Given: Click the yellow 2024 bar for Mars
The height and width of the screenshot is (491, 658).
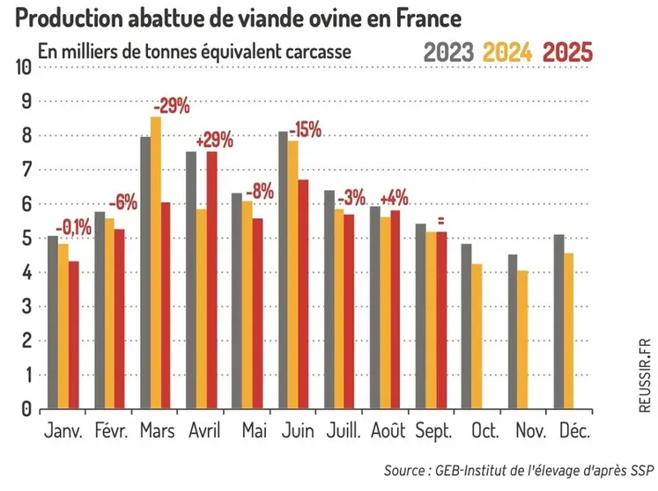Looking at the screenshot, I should pyautogui.click(x=156, y=264).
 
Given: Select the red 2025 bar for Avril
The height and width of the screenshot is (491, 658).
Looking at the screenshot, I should pyautogui.click(x=212, y=281).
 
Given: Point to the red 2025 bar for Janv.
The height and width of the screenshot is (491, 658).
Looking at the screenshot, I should pyautogui.click(x=75, y=335).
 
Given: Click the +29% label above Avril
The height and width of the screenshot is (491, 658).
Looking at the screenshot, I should pyautogui.click(x=214, y=140).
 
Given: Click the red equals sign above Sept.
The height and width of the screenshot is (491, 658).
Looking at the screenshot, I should pyautogui.click(x=440, y=221).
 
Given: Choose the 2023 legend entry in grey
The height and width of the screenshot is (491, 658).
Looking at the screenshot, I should pyautogui.click(x=449, y=52).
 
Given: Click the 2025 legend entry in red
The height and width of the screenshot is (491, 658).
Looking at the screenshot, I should pyautogui.click(x=567, y=52).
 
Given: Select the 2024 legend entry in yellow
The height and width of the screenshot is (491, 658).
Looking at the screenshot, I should pyautogui.click(x=508, y=52).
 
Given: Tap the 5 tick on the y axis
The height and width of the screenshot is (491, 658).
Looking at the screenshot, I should pyautogui.click(x=26, y=238).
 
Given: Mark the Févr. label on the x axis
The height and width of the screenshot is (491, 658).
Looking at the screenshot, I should pyautogui.click(x=110, y=432).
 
